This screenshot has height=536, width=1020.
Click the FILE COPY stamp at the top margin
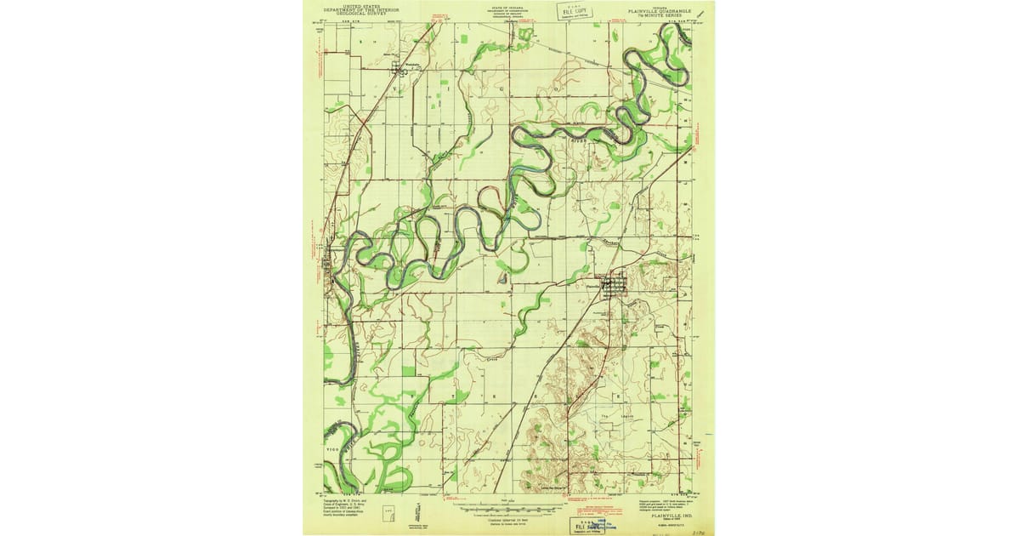pyautogui.click(x=574, y=10)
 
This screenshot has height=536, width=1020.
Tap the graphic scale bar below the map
pyautogui.click(x=509, y=507)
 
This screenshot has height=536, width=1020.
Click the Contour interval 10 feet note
pyautogui.click(x=508, y=516)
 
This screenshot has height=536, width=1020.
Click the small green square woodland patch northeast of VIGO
pyautogui.click(x=409, y=372)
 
